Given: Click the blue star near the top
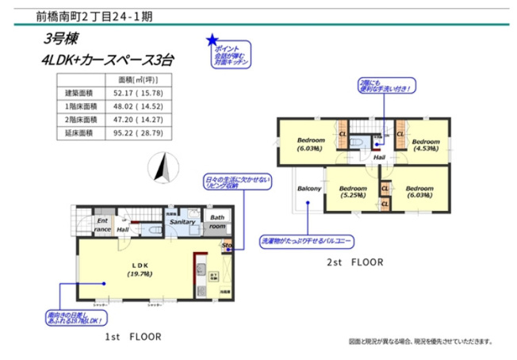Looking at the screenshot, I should pos(212,39).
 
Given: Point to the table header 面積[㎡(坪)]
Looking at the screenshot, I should pos(141,80).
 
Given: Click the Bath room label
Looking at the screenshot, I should pos(216,222).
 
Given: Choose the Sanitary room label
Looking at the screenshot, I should pos(182,223).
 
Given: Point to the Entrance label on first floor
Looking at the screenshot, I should pos(102,225).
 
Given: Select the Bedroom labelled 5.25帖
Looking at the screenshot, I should pos(353,192).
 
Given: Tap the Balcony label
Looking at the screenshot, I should pos(308,189).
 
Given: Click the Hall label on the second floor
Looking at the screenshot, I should pos(380,157).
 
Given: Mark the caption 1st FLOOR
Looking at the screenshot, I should pos(132,337).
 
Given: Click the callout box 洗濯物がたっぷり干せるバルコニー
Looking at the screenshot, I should pos(306,239).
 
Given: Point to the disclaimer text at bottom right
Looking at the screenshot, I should pos(420,342).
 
